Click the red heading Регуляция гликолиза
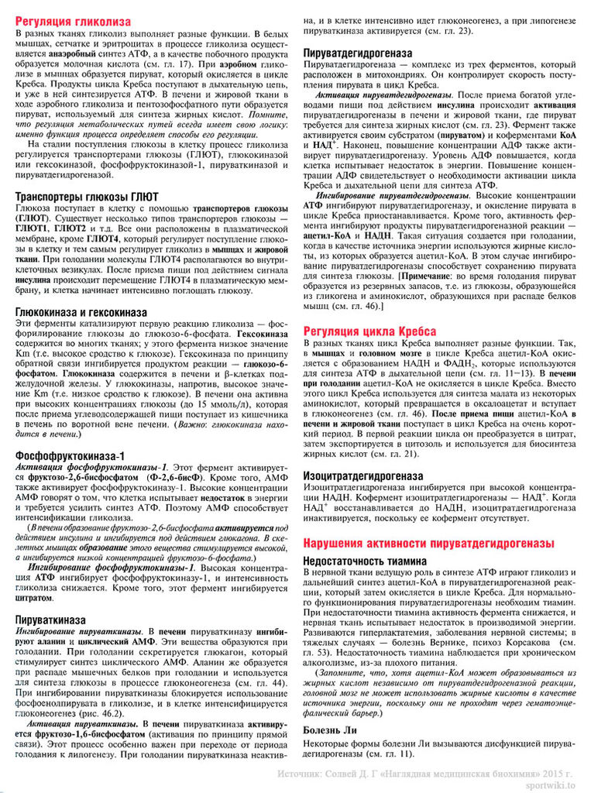(x=74, y=22)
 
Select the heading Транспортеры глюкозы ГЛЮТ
(x=87, y=197)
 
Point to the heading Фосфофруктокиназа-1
(x=70, y=455)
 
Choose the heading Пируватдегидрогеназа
(x=358, y=53)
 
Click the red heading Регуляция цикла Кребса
(x=369, y=331)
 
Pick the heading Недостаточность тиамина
(x=364, y=559)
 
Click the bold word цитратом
(x=35, y=598)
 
